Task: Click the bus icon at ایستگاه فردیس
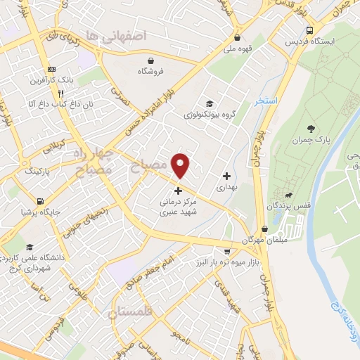click(310, 30)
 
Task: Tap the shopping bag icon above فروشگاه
click(151, 60)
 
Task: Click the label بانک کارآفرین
click(51, 80)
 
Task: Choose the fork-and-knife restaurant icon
click(62, 93)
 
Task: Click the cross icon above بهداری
click(226, 176)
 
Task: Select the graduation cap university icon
click(29, 247)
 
